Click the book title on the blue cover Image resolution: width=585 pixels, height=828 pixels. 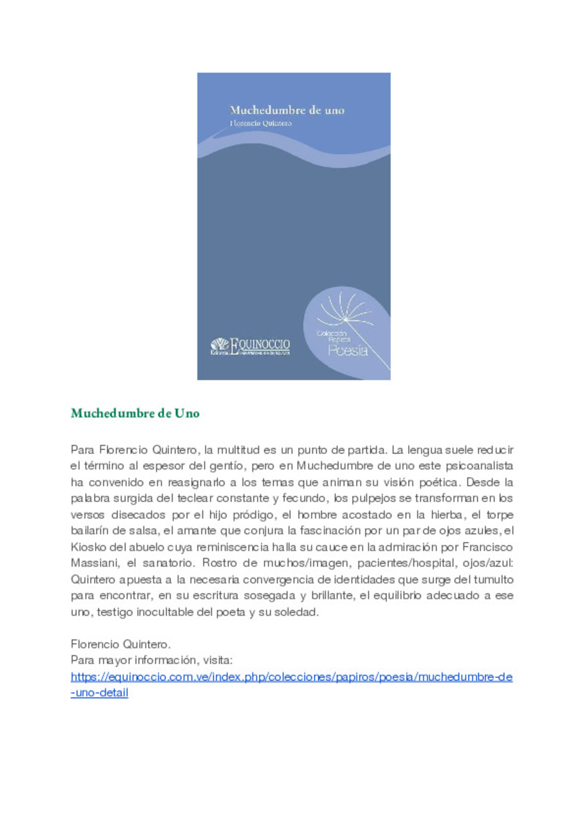pyautogui.click(x=287, y=111)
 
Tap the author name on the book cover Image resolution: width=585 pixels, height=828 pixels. pyautogui.click(x=261, y=124)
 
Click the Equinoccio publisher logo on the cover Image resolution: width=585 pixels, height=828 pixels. pyautogui.click(x=250, y=346)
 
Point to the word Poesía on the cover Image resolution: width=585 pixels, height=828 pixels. pyautogui.click(x=348, y=351)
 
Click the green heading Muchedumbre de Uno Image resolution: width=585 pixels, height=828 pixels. pyautogui.click(x=135, y=413)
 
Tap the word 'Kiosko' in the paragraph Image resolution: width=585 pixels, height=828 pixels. pyautogui.click(x=88, y=547)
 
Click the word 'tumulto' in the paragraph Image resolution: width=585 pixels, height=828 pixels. pyautogui.click(x=493, y=579)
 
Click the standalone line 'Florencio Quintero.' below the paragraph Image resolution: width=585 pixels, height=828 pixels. pyautogui.click(x=121, y=644)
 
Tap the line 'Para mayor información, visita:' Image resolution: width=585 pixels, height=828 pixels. pyautogui.click(x=152, y=660)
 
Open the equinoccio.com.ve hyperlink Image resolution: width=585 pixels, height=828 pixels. pyautogui.click(x=291, y=677)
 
